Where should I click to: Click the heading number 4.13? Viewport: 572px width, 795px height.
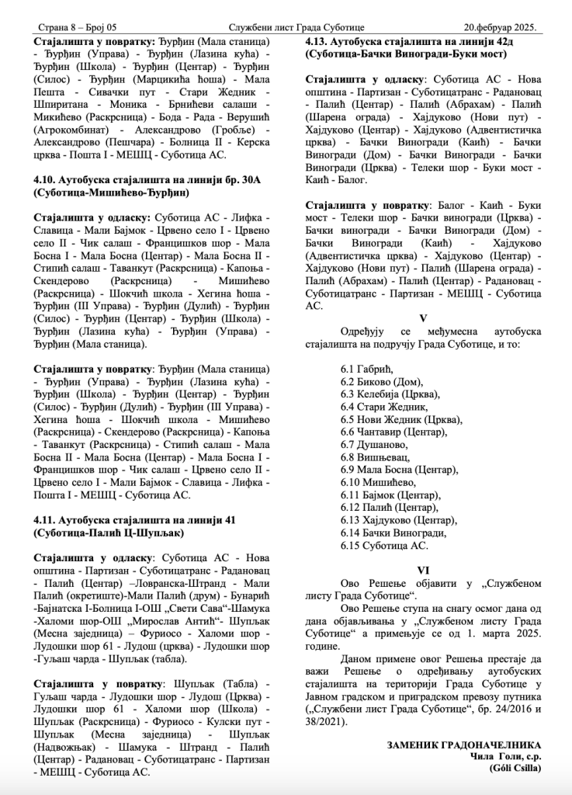point(321,40)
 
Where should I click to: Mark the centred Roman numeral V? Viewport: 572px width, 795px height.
point(422,318)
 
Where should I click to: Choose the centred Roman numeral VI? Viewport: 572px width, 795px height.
point(422,569)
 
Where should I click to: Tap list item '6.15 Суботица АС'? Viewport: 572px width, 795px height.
point(384,546)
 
